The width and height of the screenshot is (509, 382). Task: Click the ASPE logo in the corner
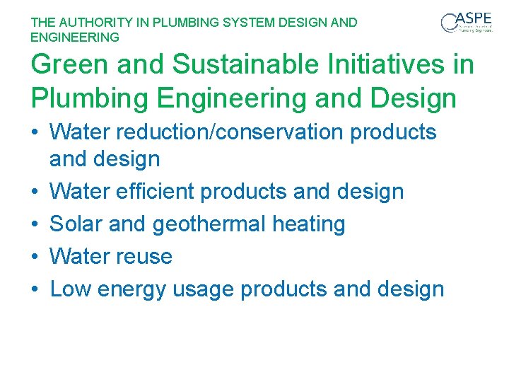click(x=467, y=23)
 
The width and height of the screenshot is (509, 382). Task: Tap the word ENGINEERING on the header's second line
click(x=75, y=37)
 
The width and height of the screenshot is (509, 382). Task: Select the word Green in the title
click(x=69, y=65)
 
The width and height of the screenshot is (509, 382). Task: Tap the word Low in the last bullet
click(x=69, y=289)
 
